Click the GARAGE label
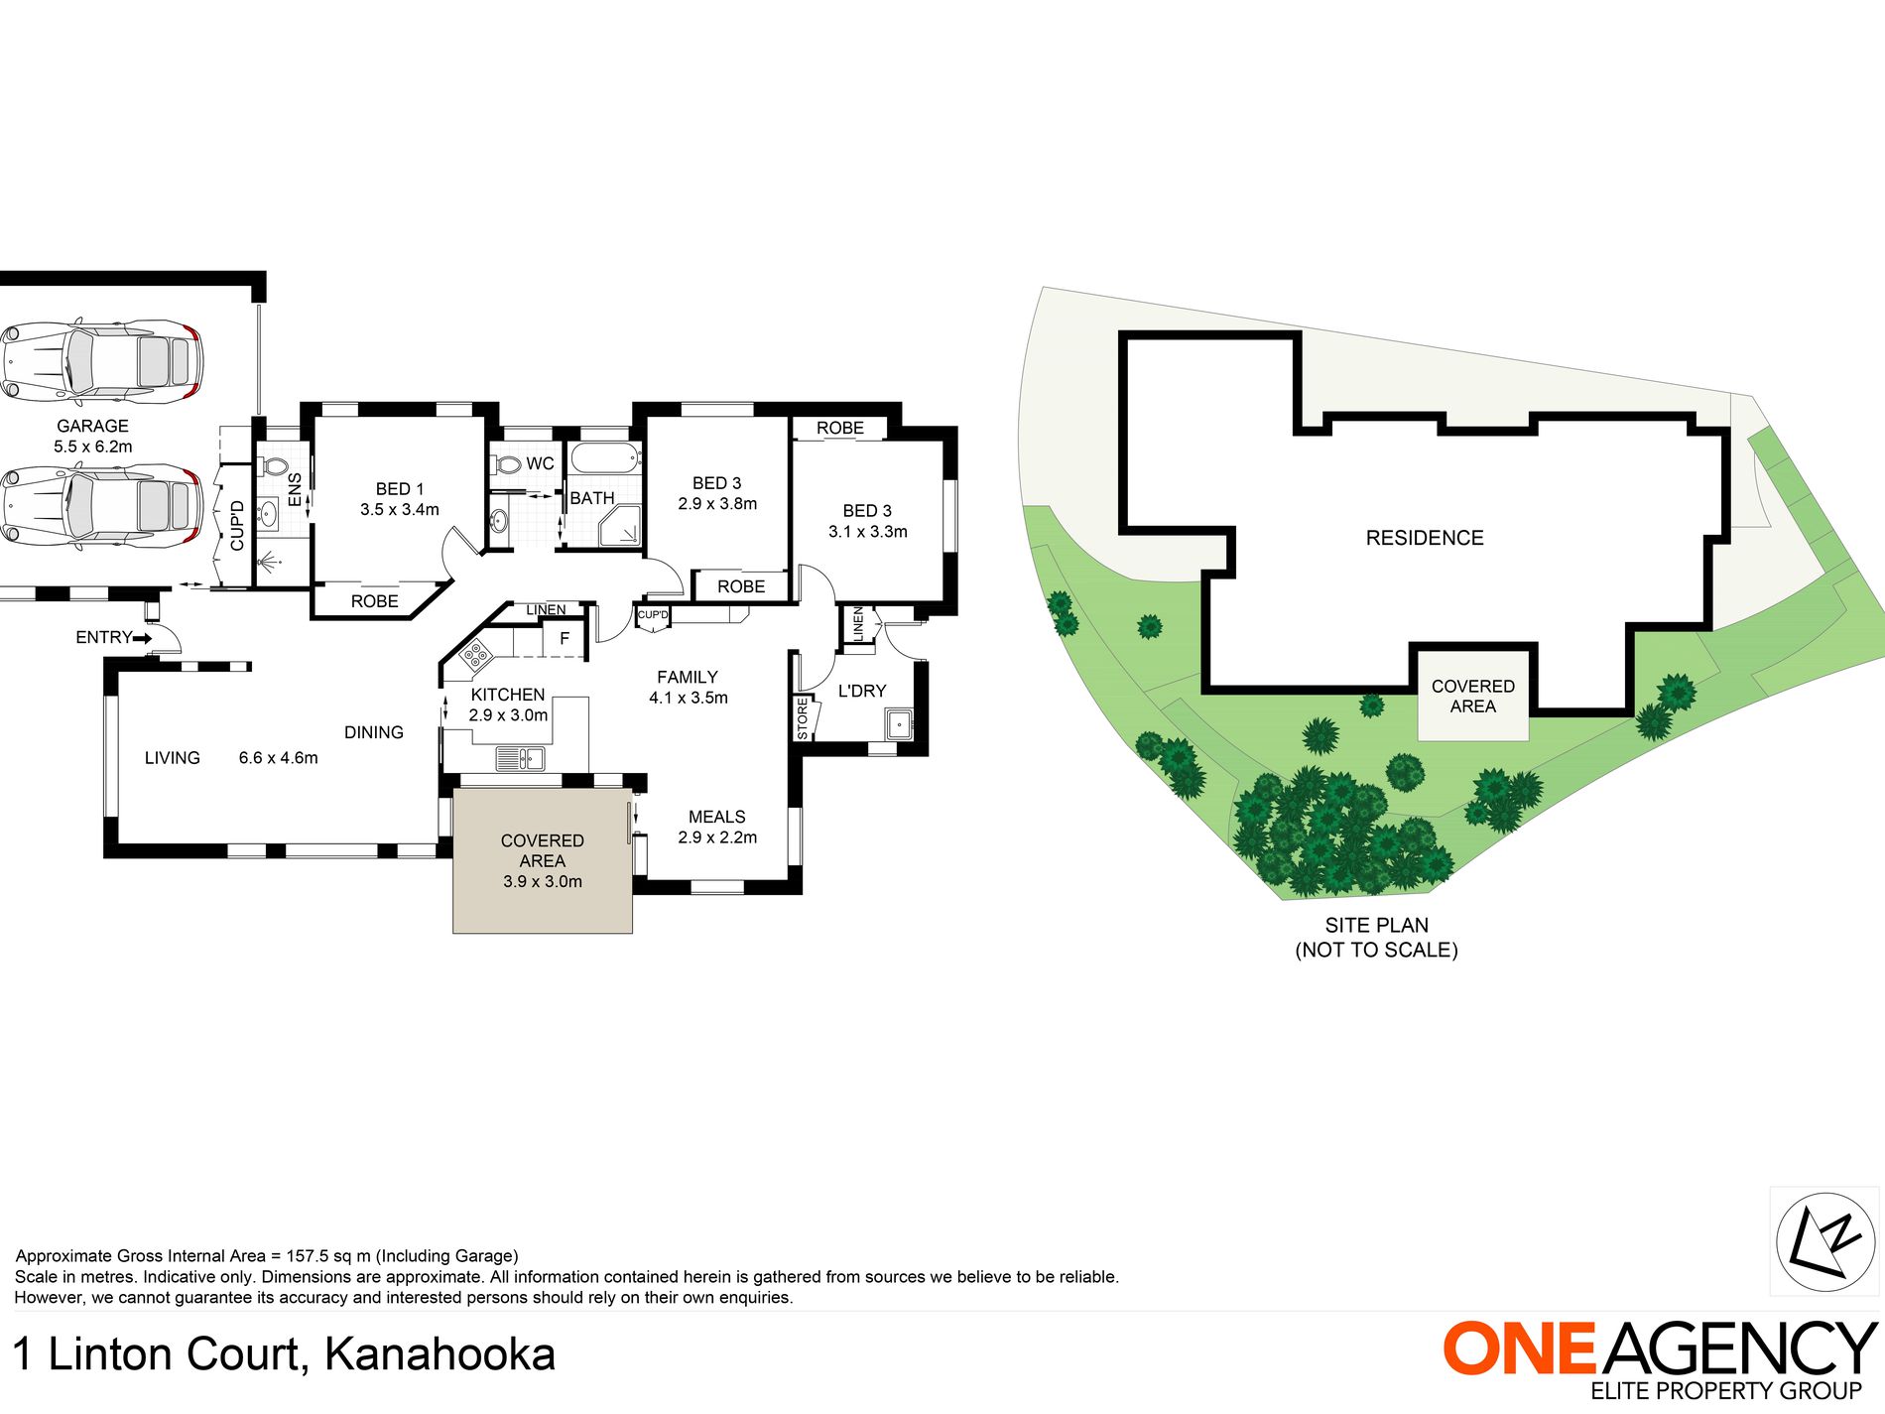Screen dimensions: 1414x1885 pyautogui.click(x=92, y=426)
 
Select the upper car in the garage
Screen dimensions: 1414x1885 pyautogui.click(x=100, y=360)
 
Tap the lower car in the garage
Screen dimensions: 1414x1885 pyautogui.click(x=100, y=505)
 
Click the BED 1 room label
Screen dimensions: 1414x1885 pyautogui.click(x=399, y=489)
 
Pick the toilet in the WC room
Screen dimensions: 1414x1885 pyautogui.click(x=508, y=464)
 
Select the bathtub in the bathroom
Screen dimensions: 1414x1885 pyautogui.click(x=604, y=458)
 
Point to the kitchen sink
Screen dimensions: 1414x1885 pyautogui.click(x=520, y=759)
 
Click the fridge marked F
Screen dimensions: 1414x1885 pyautogui.click(x=565, y=638)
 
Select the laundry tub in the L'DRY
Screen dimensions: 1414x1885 pyautogui.click(x=899, y=723)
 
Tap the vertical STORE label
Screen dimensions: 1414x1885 pyautogui.click(x=803, y=718)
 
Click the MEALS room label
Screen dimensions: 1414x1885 pyautogui.click(x=716, y=817)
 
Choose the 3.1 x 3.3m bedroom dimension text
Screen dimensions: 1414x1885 pyautogui.click(x=867, y=532)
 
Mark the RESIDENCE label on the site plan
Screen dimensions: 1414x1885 pyautogui.click(x=1425, y=538)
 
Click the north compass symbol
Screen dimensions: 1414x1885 pyautogui.click(x=1824, y=1241)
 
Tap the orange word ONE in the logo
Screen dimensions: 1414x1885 pyautogui.click(x=1519, y=1349)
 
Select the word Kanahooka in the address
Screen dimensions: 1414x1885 pyautogui.click(x=440, y=1355)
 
